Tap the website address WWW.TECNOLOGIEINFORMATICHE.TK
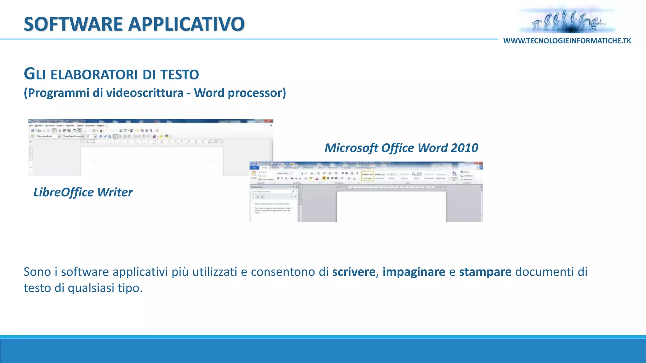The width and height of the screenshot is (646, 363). tap(567, 41)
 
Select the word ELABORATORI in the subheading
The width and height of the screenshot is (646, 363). tap(94, 75)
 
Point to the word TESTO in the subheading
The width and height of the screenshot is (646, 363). tap(179, 75)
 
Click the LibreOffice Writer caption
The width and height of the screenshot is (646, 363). tap(83, 192)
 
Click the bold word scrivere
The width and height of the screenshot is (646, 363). tap(354, 272)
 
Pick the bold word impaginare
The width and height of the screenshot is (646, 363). tap(414, 272)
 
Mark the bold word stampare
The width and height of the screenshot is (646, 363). tap(485, 272)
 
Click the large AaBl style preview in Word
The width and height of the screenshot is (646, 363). tap(417, 174)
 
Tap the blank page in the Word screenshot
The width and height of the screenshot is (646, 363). tap(391, 206)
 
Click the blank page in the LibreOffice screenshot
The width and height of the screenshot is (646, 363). tap(151, 161)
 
